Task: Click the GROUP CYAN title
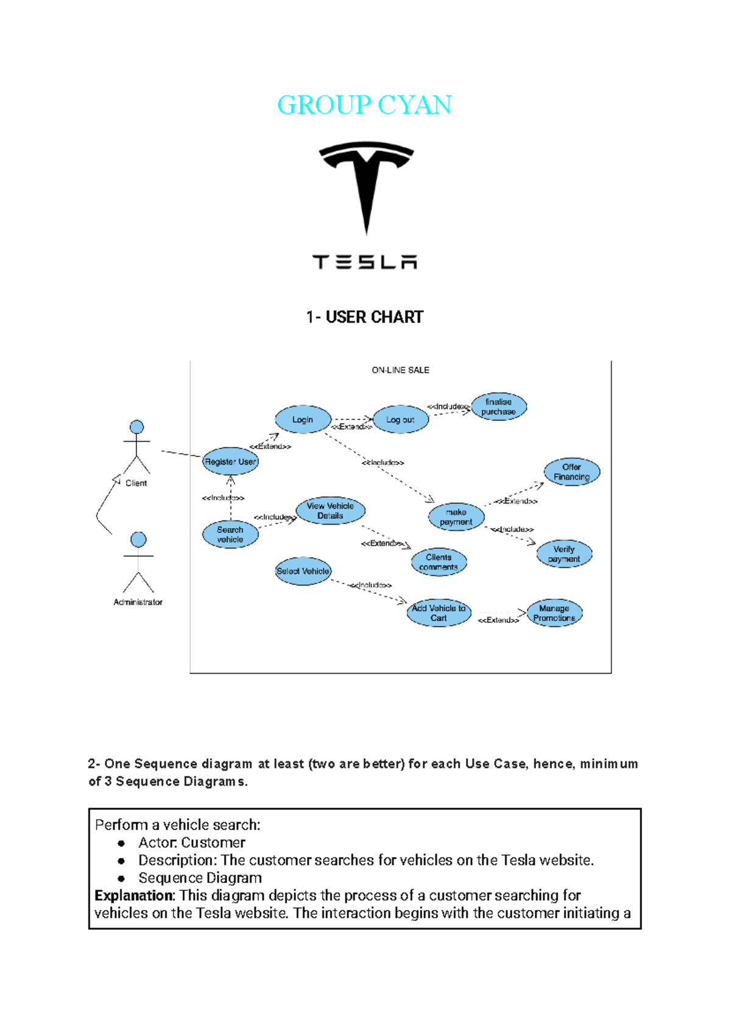(364, 105)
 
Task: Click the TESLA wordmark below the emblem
(364, 262)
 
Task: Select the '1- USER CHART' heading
(364, 317)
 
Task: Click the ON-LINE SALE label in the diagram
(400, 370)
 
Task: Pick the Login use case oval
(303, 419)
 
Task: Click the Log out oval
(400, 419)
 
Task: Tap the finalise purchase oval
(498, 407)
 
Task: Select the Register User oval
(230, 461)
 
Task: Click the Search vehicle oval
(230, 534)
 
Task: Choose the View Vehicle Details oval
(330, 511)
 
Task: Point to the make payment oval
(456, 517)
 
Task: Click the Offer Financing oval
(571, 472)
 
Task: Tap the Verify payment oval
(563, 554)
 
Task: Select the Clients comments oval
(439, 562)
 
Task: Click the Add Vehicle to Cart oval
(439, 613)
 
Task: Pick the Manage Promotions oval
(554, 613)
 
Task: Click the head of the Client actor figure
(137, 427)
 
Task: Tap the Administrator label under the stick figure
(138, 602)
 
